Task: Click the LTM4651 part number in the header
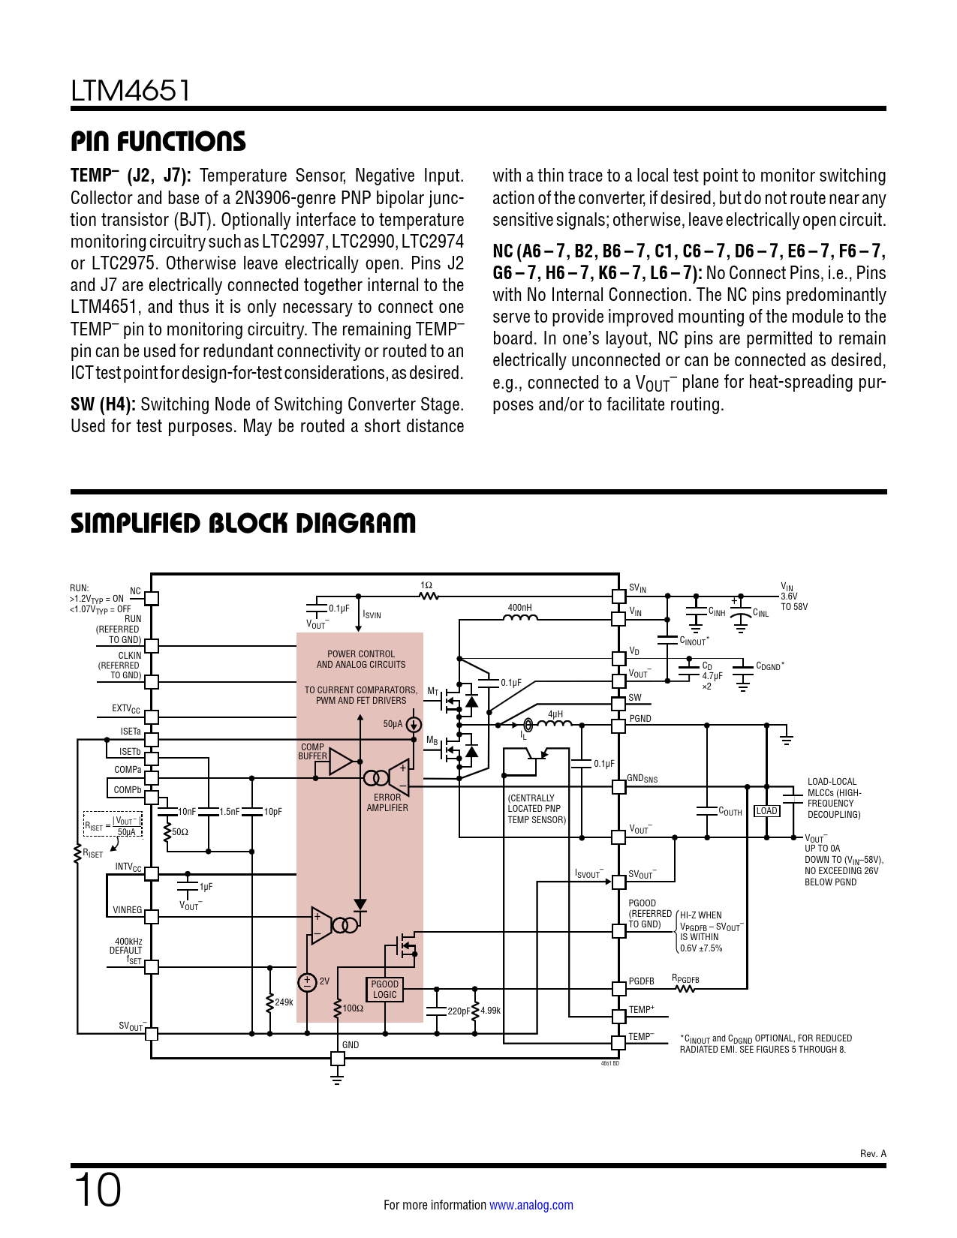[x=131, y=91]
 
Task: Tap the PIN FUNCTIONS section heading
[x=158, y=141]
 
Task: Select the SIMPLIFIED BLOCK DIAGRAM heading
[x=243, y=523]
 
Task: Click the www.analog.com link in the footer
[x=531, y=1205]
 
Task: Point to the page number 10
[x=98, y=1190]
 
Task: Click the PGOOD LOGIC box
[x=385, y=990]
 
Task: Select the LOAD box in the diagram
[x=766, y=811]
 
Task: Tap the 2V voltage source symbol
[x=307, y=982]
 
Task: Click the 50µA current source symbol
[x=414, y=725]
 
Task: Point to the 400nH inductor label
[x=519, y=608]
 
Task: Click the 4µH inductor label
[x=555, y=714]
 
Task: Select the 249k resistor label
[x=284, y=1002]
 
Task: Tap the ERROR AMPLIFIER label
[x=387, y=803]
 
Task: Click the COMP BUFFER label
[x=312, y=752]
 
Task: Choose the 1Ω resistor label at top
[x=426, y=585]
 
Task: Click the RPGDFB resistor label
[x=685, y=979]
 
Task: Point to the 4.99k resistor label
[x=490, y=1011]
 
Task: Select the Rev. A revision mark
[x=873, y=1154]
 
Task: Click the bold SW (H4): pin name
[x=103, y=404]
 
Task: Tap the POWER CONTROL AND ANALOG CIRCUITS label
[x=361, y=660]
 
